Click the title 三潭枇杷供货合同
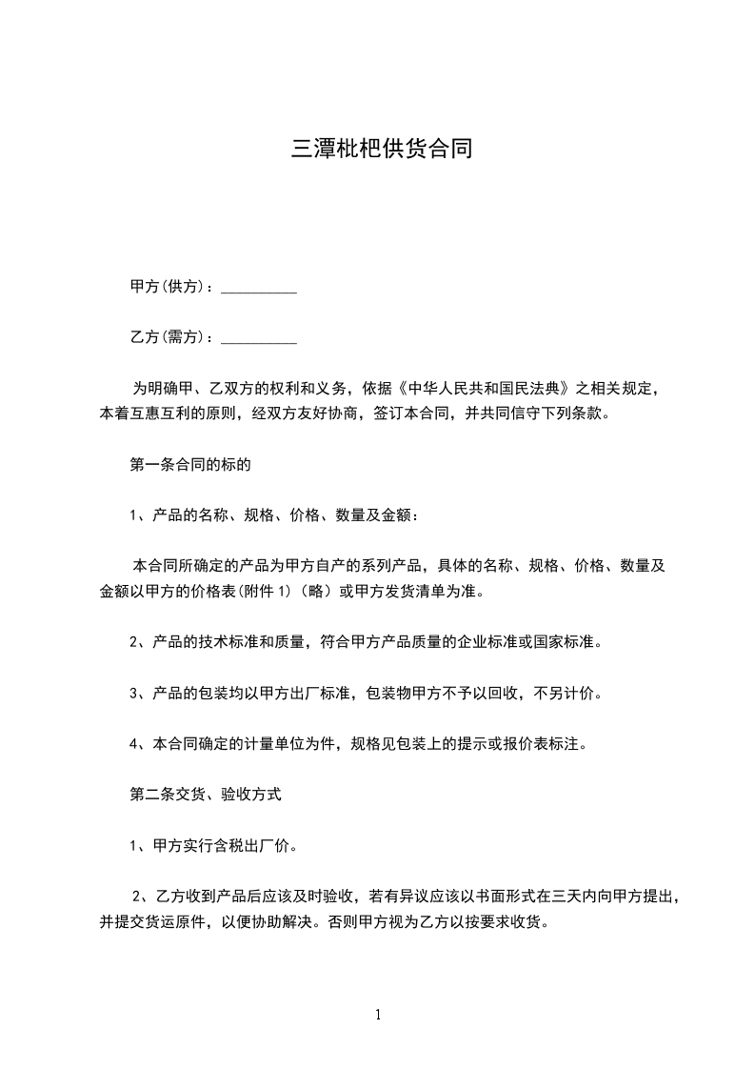pyautogui.click(x=381, y=150)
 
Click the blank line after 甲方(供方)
pyautogui.click(x=258, y=287)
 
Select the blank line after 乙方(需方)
pyautogui.click(x=258, y=337)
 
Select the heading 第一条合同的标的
pyautogui.click(x=189, y=465)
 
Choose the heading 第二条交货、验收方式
pyautogui.click(x=205, y=793)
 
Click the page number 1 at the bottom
pyautogui.click(x=378, y=1014)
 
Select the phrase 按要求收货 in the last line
pyautogui.click(x=510, y=921)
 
